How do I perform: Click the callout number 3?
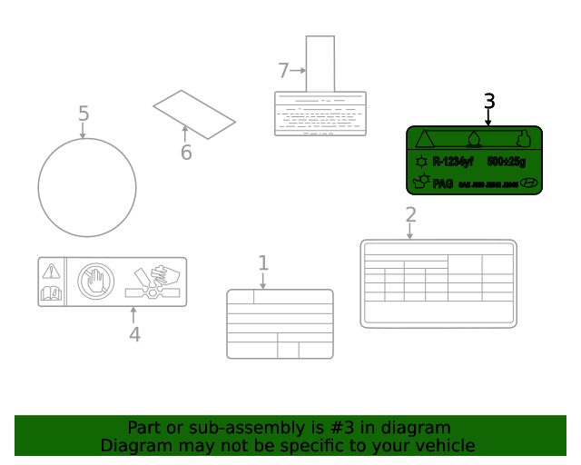489,101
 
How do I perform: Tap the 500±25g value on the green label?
507,162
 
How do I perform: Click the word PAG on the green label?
442,183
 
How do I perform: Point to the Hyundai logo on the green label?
528,183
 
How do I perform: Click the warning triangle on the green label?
424,139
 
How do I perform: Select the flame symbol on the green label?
473,139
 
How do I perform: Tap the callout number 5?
84,114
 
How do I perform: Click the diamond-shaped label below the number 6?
193,114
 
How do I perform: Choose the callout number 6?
186,153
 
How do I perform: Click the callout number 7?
282,70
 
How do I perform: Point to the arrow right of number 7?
298,70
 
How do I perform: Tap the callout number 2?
410,215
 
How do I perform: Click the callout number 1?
263,263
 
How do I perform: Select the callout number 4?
134,335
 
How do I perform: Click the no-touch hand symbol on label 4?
94,281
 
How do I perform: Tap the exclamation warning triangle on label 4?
51,270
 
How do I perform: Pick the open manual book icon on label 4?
51,293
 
